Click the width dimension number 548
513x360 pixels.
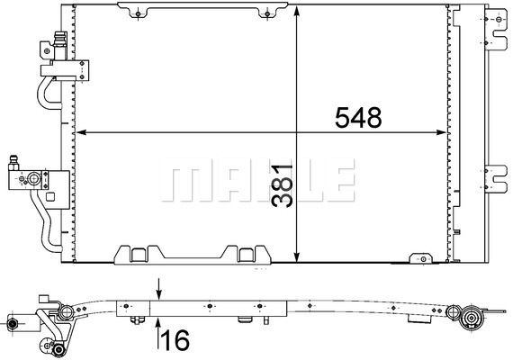pyautogui.click(x=358, y=118)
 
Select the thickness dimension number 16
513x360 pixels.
pyautogui.click(x=175, y=339)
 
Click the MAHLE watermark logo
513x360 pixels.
pyautogui.click(x=257, y=180)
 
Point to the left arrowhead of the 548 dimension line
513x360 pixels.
pyautogui.click(x=81, y=132)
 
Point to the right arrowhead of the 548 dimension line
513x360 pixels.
pyautogui.click(x=441, y=132)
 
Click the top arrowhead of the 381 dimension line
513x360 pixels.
pyautogui.click(x=296, y=11)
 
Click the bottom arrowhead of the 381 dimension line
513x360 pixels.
pyautogui.click(x=296, y=256)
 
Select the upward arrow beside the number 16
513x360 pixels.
pyautogui.click(x=158, y=333)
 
